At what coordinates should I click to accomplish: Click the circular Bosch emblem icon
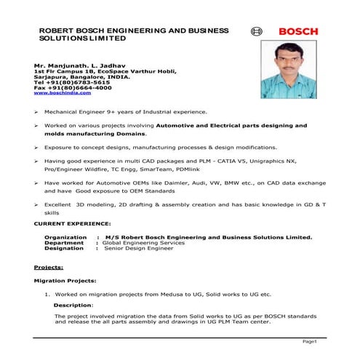point(255,32)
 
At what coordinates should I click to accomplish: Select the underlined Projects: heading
point(49,267)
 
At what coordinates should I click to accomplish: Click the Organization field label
point(66,237)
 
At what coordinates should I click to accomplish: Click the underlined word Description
point(73,305)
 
